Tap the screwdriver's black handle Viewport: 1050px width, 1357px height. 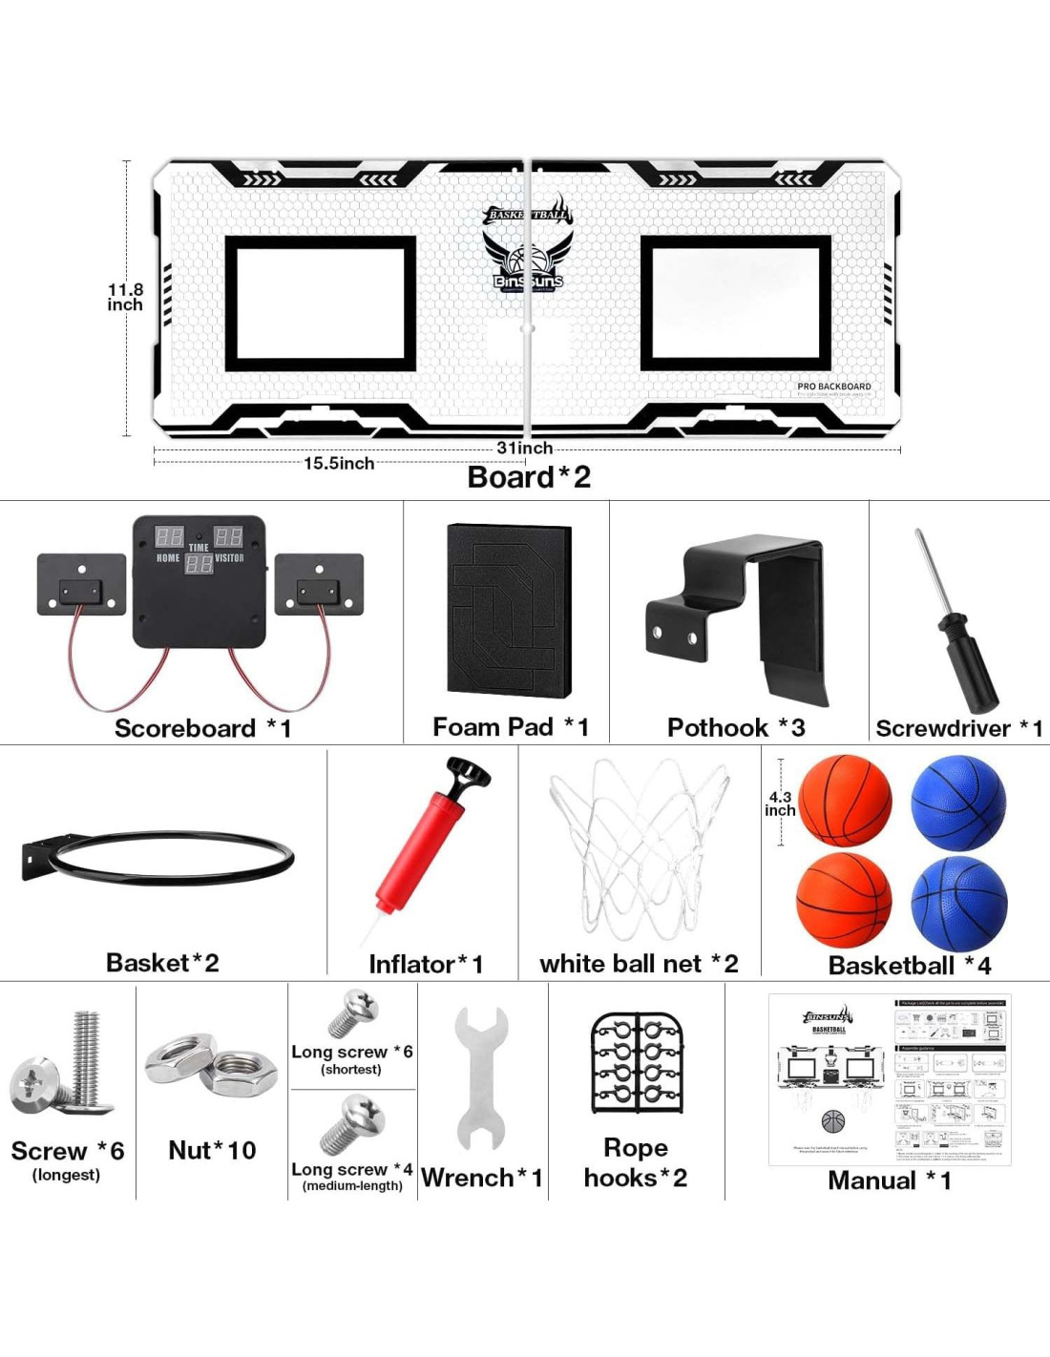pyautogui.click(x=966, y=658)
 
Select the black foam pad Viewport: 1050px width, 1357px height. pyautogui.click(x=509, y=611)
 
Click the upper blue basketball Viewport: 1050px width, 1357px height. pyautogui.click(x=957, y=802)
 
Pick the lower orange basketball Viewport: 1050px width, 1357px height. pyautogui.click(x=844, y=899)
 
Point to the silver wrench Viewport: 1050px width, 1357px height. pyautogui.click(x=482, y=1078)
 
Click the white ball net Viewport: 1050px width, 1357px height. pyautogui.click(x=638, y=849)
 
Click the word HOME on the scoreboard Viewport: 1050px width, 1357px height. pyautogui.click(x=168, y=558)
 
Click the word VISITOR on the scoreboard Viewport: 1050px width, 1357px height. pyautogui.click(x=229, y=558)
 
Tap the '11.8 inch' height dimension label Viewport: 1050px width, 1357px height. pyautogui.click(x=125, y=297)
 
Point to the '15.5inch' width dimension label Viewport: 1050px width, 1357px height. pyautogui.click(x=339, y=464)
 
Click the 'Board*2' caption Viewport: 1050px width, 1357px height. pyautogui.click(x=529, y=477)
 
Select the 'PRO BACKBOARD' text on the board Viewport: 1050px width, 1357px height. pyautogui.click(x=834, y=386)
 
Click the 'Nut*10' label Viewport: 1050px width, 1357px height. pyautogui.click(x=212, y=1150)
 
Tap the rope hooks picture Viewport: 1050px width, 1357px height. pyautogui.click(x=638, y=1062)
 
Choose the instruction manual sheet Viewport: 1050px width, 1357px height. pyautogui.click(x=890, y=1079)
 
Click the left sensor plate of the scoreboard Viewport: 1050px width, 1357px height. pyautogui.click(x=81, y=584)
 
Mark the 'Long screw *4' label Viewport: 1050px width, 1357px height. pyautogui.click(x=351, y=1170)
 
